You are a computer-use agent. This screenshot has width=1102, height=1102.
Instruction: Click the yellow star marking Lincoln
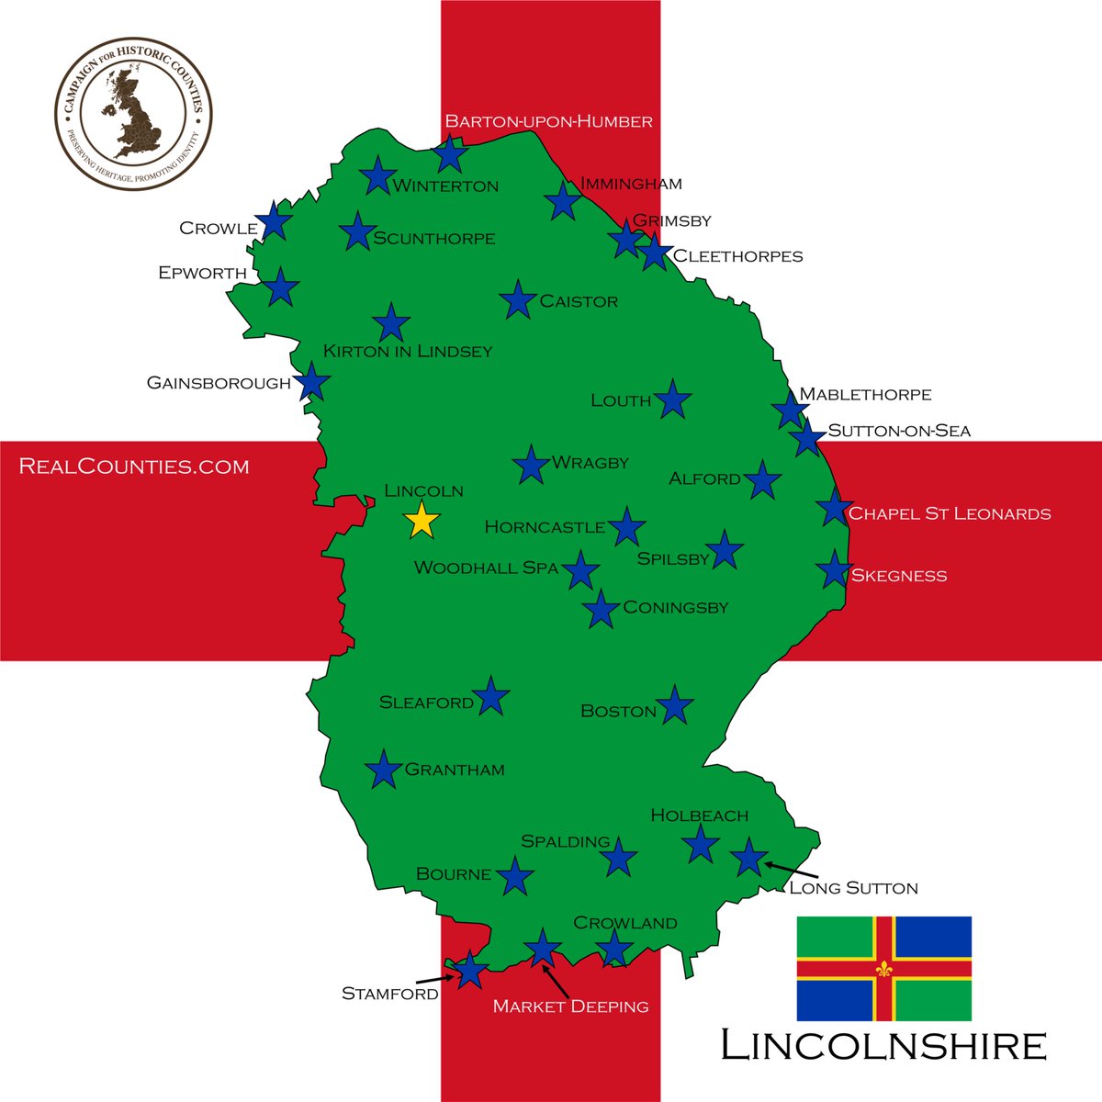point(422,520)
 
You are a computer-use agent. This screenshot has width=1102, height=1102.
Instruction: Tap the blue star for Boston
point(675,705)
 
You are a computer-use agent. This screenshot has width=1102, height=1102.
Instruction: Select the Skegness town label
point(898,576)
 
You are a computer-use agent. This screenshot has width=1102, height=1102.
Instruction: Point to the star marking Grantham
point(384,770)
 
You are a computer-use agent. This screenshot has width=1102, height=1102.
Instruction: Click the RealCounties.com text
point(134,467)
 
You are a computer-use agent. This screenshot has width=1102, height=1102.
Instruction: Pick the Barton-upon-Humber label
point(548,121)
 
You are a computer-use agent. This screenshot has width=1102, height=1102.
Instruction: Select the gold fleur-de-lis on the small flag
point(884,969)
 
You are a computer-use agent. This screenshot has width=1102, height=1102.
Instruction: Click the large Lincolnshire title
point(883,1046)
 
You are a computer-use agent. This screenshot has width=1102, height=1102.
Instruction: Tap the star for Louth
point(672,399)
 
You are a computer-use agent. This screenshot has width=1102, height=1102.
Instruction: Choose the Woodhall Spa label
point(486,568)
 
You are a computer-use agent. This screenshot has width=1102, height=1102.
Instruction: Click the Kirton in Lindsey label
point(407,351)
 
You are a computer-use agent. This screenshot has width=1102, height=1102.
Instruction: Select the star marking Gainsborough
point(312,381)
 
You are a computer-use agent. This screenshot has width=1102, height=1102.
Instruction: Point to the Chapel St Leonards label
point(949,513)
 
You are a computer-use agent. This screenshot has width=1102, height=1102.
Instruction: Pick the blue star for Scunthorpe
point(357,231)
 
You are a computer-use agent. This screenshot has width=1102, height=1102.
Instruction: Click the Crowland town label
point(624,923)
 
